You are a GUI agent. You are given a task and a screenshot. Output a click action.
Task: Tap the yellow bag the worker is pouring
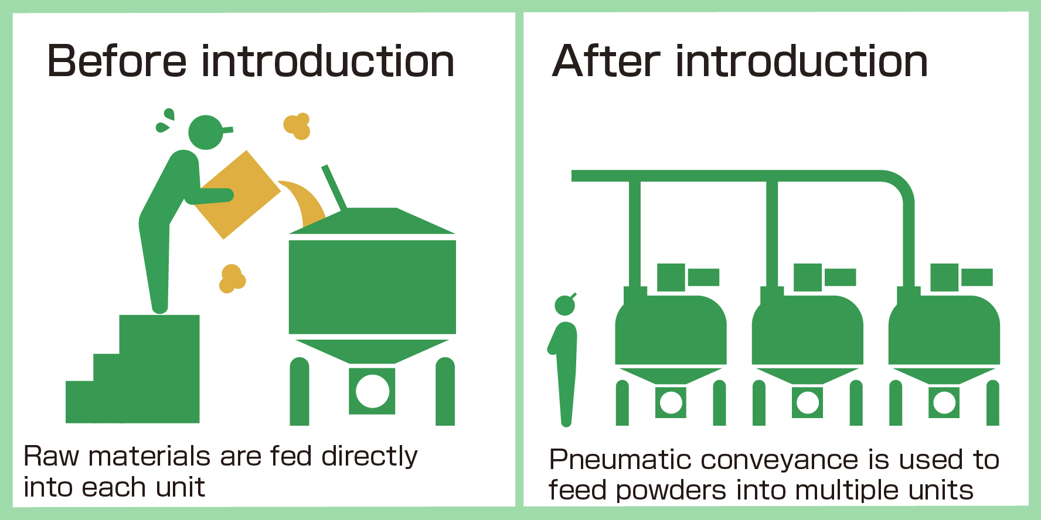pyautogui.click(x=238, y=193)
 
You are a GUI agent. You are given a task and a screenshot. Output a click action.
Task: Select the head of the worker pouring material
pyautogui.click(x=206, y=132)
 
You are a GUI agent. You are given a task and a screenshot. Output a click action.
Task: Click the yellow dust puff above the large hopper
pyautogui.click(x=297, y=126)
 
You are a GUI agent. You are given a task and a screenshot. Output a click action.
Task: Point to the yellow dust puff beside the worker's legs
pyautogui.click(x=232, y=279)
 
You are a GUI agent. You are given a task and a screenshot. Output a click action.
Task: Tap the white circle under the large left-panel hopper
pyautogui.click(x=372, y=391)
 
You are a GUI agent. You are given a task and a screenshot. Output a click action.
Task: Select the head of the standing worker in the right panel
pyautogui.click(x=565, y=305)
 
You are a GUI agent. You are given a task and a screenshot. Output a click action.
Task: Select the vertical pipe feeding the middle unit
pyautogui.click(x=772, y=234)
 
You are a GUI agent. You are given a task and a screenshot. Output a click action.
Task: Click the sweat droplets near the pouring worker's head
pyautogui.click(x=165, y=121)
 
